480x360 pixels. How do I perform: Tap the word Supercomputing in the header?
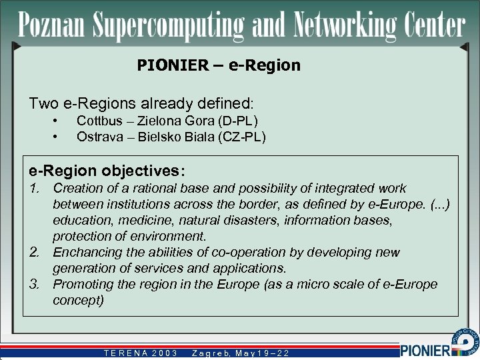pyautogui.click(x=165, y=27)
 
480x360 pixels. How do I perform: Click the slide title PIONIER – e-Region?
pyautogui.click(x=219, y=65)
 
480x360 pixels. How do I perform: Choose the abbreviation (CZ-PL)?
pyautogui.click(x=241, y=137)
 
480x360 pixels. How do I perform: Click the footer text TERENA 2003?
pyautogui.click(x=139, y=353)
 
